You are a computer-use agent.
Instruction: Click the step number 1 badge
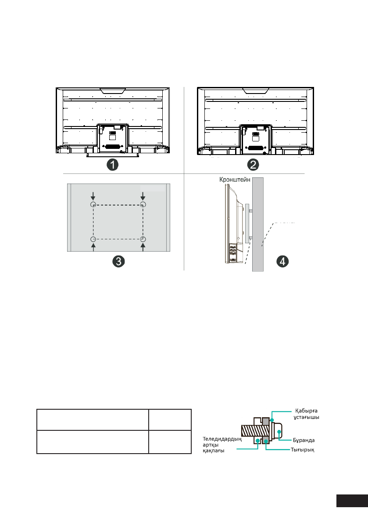(113, 165)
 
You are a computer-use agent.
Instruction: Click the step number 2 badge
(253, 165)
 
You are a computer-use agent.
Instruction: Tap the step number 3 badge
(118, 261)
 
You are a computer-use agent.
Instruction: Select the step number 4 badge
(282, 261)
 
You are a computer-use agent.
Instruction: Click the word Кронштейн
(235, 180)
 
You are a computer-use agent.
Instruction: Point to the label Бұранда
(304, 440)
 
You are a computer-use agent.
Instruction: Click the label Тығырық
(302, 450)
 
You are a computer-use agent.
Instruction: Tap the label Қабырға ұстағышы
(306, 414)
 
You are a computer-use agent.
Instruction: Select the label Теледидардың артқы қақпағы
(222, 445)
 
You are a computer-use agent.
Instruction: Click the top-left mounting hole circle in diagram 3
(93, 204)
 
